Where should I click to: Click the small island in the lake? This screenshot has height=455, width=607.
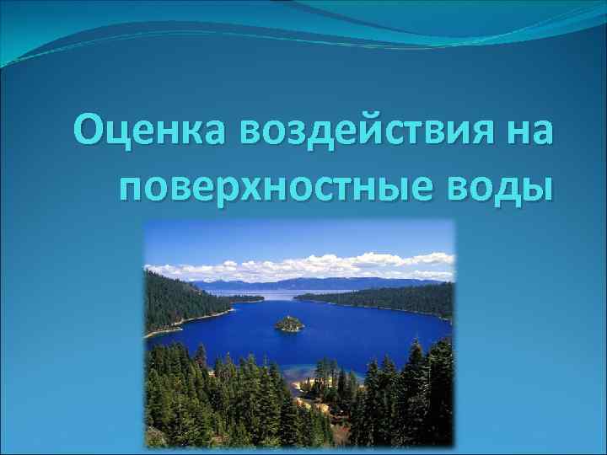click(x=289, y=324)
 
